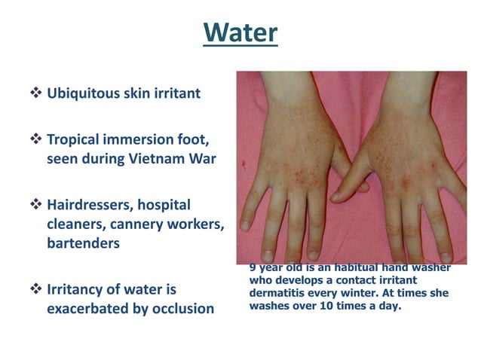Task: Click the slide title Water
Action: [240, 32]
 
